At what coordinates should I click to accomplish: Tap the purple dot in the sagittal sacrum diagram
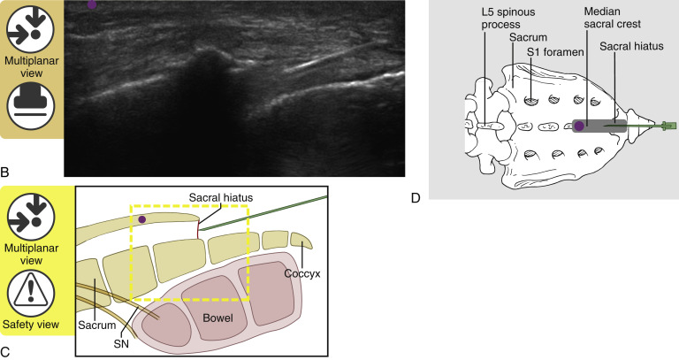[141, 218]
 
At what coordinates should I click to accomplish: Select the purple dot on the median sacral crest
[579, 126]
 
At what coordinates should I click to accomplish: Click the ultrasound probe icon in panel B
[31, 104]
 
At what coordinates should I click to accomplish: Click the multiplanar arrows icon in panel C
[31, 217]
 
